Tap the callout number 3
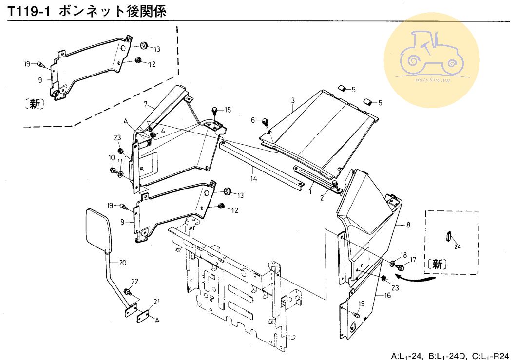293,101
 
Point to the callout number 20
123,263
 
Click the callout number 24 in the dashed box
457,247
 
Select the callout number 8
408,225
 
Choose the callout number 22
135,281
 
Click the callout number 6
253,120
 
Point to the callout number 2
322,198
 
